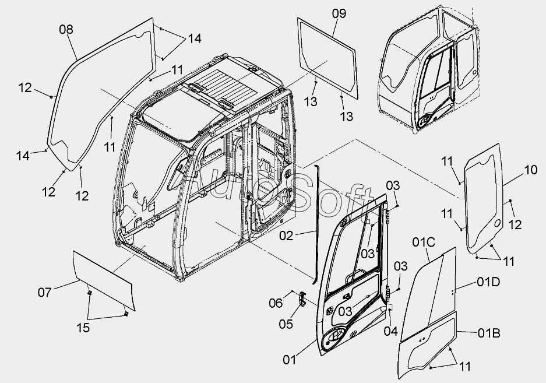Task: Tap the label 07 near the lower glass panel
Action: click(x=45, y=292)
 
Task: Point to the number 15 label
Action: click(x=83, y=328)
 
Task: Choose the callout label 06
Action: click(x=276, y=302)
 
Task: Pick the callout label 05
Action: click(x=286, y=324)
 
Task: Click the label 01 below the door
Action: click(x=290, y=360)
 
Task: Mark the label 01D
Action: click(x=488, y=283)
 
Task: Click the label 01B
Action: click(x=488, y=333)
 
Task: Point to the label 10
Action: click(x=530, y=170)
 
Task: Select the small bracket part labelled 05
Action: click(x=302, y=298)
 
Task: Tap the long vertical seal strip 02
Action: click(x=318, y=222)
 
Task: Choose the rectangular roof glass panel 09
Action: click(x=327, y=55)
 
